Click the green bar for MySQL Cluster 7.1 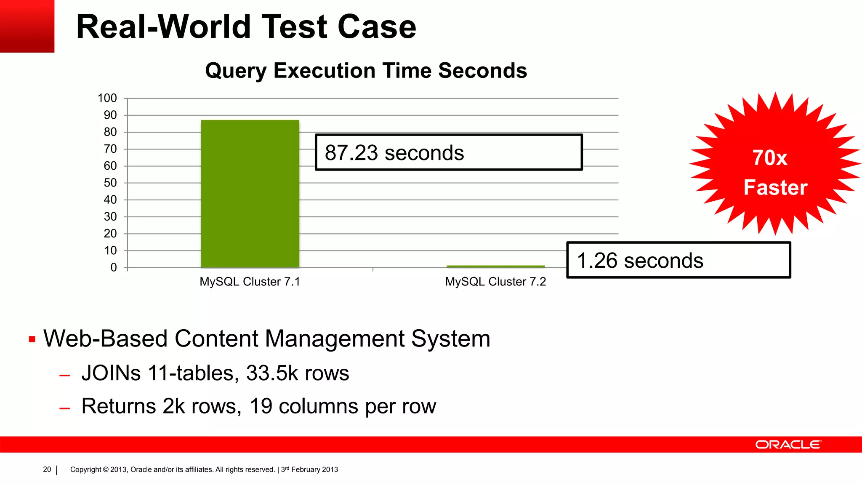[250, 194]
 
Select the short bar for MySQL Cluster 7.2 [495, 266]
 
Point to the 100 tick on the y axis [107, 98]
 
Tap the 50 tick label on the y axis [110, 183]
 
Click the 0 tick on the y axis [114, 267]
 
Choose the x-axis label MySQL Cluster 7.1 [250, 282]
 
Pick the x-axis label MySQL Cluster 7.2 [495, 282]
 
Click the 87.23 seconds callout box [449, 152]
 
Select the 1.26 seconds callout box [678, 260]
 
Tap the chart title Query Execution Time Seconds [366, 70]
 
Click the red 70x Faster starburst [775, 164]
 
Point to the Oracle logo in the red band [788, 445]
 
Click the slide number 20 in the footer [47, 469]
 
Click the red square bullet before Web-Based [32, 339]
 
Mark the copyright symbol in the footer [106, 469]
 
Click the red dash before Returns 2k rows [64, 408]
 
